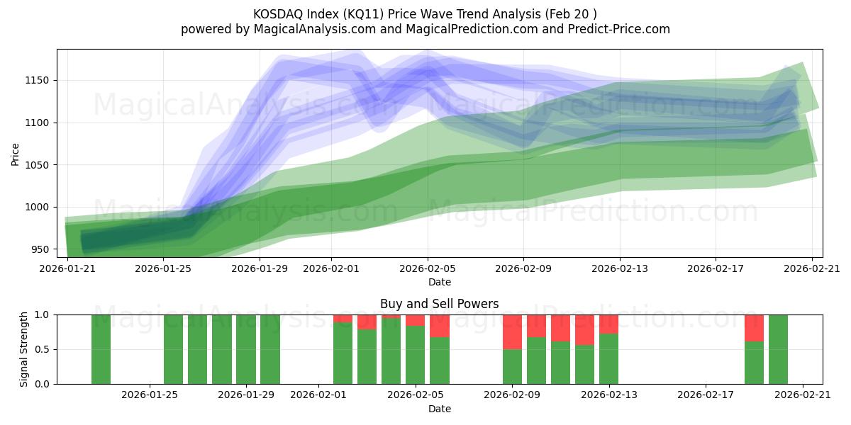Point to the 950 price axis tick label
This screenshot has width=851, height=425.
[x=41, y=249]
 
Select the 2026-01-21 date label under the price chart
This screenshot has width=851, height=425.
[x=68, y=269]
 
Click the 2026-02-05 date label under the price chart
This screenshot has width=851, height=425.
[x=427, y=269]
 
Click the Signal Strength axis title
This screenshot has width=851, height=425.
[x=24, y=349]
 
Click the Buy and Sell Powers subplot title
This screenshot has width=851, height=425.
[x=439, y=304]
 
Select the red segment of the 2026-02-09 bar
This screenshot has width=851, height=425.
[x=512, y=331]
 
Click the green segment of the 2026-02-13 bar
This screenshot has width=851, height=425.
[x=608, y=358]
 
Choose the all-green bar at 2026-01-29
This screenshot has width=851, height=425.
[x=246, y=349]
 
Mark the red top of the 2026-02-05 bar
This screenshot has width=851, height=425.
[x=416, y=320]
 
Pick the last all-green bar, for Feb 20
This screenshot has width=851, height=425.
[x=778, y=349]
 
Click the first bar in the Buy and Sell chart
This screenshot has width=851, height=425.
[x=101, y=349]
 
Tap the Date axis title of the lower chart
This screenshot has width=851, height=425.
[x=439, y=409]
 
